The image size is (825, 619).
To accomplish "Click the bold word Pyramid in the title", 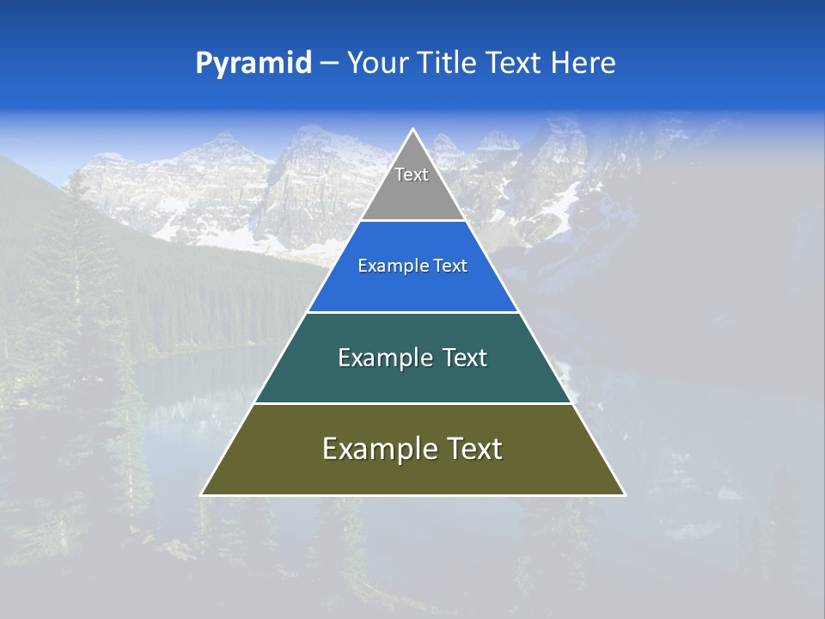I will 254,64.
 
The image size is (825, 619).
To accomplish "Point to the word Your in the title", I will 376,63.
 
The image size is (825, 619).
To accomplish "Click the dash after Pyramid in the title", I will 329,64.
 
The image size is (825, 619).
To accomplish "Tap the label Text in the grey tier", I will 412,175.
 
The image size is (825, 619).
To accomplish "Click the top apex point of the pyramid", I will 412,130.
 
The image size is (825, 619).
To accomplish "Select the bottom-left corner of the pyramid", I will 202,494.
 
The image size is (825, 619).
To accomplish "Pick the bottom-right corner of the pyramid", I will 624,494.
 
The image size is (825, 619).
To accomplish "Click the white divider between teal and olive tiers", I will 412,403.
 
